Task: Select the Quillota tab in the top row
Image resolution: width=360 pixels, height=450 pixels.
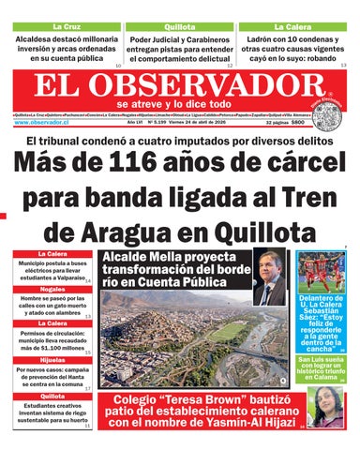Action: click(x=179, y=26)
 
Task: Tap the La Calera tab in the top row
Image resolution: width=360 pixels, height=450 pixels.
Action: click(x=292, y=26)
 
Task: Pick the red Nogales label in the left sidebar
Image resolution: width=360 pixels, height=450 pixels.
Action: click(x=52, y=290)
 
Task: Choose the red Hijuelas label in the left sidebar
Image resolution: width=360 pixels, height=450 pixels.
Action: click(x=52, y=360)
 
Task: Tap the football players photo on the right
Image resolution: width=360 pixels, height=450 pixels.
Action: click(x=323, y=271)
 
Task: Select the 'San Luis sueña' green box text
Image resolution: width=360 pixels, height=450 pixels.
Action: click(x=323, y=369)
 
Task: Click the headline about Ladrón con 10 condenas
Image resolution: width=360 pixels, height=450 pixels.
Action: click(x=292, y=50)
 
